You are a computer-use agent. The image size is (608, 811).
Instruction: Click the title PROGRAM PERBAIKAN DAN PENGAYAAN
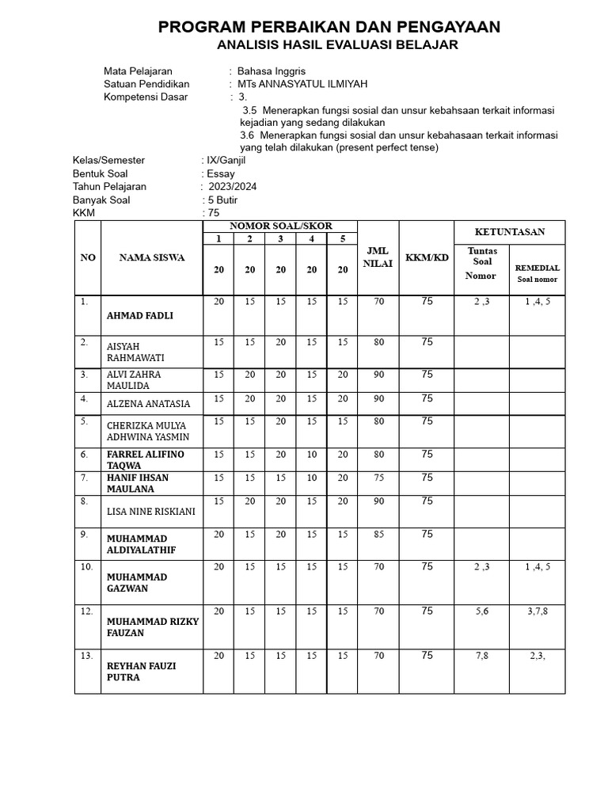pos(329,28)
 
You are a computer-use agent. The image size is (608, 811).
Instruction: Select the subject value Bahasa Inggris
pos(271,71)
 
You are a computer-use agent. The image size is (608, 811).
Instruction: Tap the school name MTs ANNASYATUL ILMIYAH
pos(302,84)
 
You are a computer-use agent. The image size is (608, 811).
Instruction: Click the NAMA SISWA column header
pos(152,257)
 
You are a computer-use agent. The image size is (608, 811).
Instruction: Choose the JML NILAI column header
pos(378,257)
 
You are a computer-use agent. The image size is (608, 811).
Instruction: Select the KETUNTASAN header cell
pos(509,232)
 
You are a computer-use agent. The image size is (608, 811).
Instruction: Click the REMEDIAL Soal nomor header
pos(538,273)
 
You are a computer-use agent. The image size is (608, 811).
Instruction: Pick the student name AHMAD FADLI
pos(140,315)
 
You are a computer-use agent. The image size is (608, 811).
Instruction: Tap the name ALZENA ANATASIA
pos(149,404)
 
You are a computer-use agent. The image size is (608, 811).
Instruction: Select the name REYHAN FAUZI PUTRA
pos(141,672)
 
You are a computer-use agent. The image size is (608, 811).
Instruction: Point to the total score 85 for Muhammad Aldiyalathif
pos(378,535)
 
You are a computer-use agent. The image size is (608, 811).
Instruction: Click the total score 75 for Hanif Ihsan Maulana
pos(378,478)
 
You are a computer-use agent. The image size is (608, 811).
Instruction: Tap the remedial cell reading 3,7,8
pos(538,611)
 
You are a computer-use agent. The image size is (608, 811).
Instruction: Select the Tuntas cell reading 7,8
pos(481,656)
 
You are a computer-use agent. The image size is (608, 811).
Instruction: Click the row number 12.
pos(86,611)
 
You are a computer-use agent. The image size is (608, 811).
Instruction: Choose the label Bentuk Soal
pos(101,173)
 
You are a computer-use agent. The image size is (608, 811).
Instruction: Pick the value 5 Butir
pos(222,200)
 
